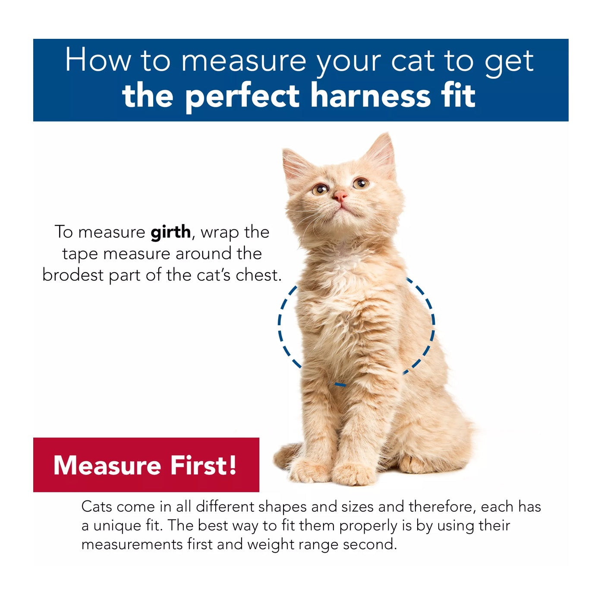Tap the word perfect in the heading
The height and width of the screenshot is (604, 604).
[242, 97]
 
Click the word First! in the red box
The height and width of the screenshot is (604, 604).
[204, 466]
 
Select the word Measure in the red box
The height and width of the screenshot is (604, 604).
[107, 466]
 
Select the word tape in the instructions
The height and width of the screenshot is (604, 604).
[80, 254]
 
